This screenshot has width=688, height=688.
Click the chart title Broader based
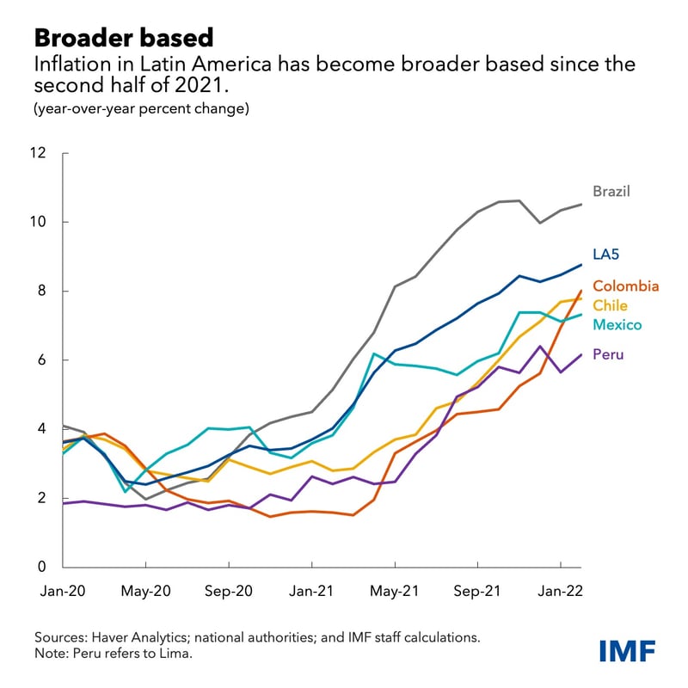pyautogui.click(x=124, y=37)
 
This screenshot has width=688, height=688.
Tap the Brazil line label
pyautogui.click(x=611, y=191)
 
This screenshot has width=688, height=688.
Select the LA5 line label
pyautogui.click(x=607, y=255)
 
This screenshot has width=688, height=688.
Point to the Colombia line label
pyautogui.click(x=625, y=286)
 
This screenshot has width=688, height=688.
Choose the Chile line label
pyautogui.click(x=610, y=305)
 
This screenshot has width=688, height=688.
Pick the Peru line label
pyautogui.click(x=608, y=353)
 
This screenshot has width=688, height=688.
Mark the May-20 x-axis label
pyautogui.click(x=145, y=592)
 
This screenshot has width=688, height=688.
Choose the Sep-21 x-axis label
pyautogui.click(x=477, y=592)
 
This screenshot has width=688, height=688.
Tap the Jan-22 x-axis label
pyautogui.click(x=561, y=592)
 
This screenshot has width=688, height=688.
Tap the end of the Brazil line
pyautogui.click(x=581, y=204)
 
